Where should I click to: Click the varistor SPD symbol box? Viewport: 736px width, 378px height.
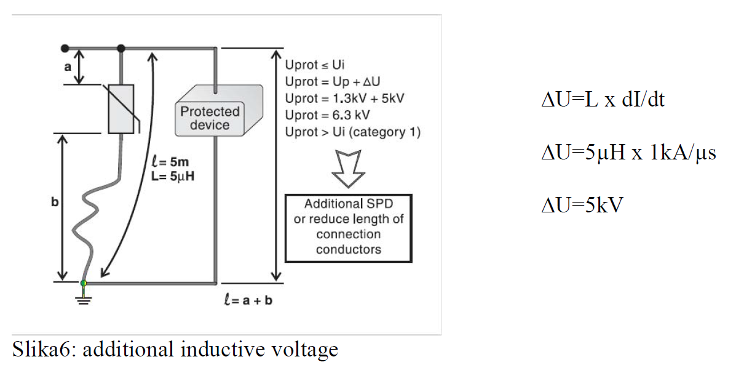(121, 109)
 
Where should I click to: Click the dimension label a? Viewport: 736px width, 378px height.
(68, 67)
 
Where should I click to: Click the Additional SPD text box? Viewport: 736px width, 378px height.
(349, 227)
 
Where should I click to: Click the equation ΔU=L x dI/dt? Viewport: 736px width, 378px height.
(603, 100)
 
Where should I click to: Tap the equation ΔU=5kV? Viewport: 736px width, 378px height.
(582, 204)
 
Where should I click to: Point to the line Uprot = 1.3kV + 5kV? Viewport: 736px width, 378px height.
(344, 99)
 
